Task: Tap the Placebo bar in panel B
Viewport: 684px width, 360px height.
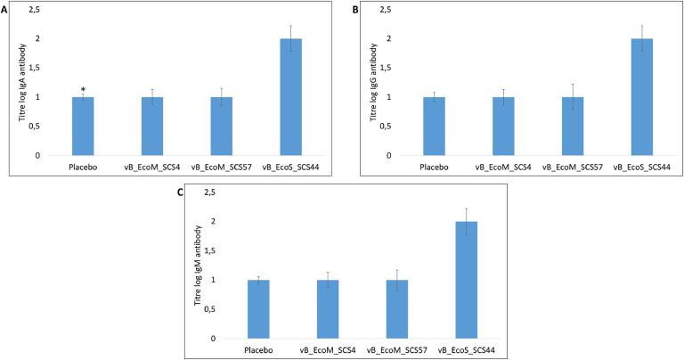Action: click(x=435, y=126)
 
